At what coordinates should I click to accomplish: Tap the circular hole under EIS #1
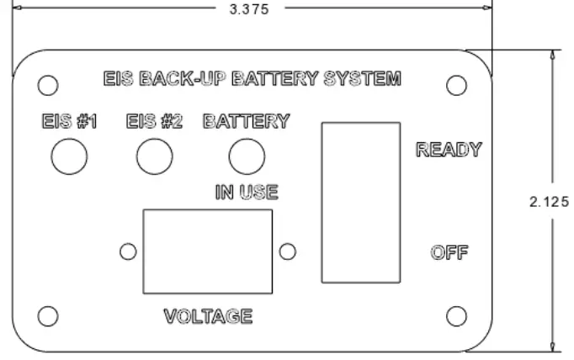tap(70, 156)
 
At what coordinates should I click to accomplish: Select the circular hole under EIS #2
tap(155, 156)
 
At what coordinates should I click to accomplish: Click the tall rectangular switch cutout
tap(359, 201)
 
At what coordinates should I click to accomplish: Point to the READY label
tap(449, 151)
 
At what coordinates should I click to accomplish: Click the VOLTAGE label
tap(208, 316)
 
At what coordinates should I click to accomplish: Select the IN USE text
tap(246, 193)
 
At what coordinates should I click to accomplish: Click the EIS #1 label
tap(70, 121)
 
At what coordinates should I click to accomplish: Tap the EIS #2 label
tap(155, 121)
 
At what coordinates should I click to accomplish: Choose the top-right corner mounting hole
tap(456, 85)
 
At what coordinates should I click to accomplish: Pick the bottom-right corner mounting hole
tap(456, 315)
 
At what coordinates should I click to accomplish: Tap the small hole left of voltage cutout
tap(129, 251)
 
